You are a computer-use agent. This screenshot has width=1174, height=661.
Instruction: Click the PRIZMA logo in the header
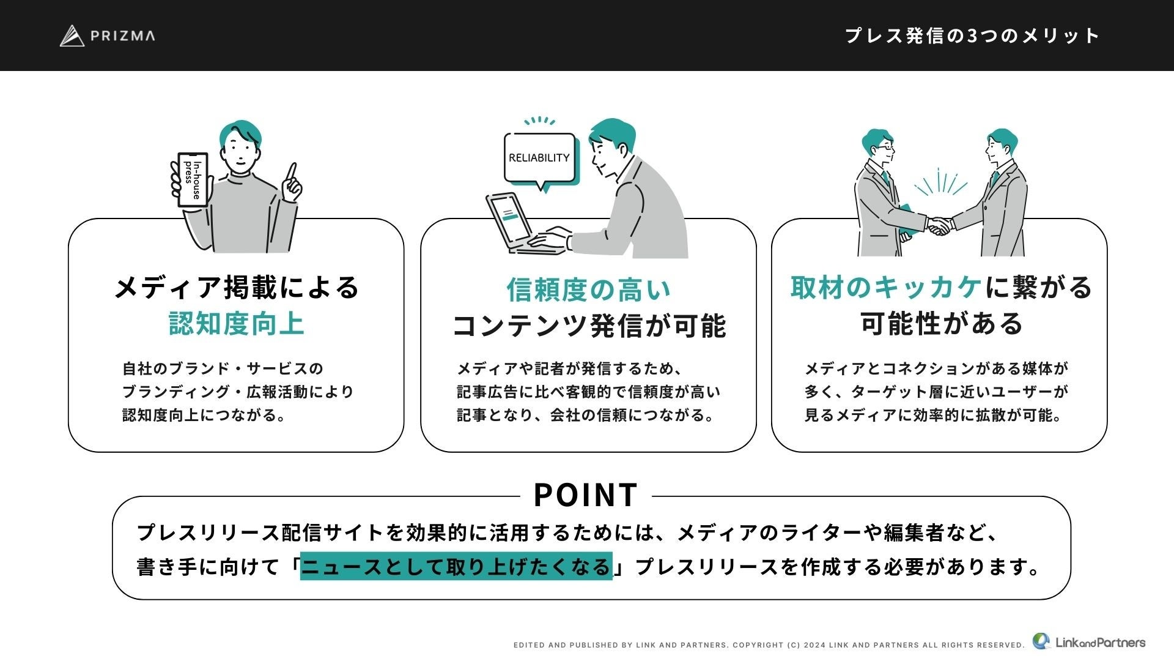pos(108,35)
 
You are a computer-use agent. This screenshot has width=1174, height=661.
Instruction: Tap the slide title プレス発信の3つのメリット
pos(972,35)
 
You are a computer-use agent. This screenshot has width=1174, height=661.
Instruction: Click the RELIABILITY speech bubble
pos(539,158)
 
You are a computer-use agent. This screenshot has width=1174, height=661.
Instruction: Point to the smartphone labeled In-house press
pos(193,179)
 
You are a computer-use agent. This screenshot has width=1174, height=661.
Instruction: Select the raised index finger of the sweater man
pos(292,173)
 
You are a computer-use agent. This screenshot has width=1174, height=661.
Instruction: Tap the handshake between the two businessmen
pos(939,226)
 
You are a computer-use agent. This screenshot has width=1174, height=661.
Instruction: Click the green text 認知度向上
pos(236,323)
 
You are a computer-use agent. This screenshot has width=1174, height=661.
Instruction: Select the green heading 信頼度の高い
pos(588,289)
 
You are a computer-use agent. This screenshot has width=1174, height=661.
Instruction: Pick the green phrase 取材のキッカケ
pos(886,287)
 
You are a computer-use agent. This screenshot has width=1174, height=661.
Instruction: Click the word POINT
pos(586,495)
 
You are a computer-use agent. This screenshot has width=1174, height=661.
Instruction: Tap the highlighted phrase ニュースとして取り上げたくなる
pos(456,566)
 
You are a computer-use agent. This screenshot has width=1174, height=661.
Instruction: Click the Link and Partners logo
pos(1089,641)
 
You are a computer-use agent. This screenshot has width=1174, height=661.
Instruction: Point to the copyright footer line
pos(769,644)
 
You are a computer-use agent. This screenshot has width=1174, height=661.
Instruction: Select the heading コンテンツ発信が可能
pos(589,325)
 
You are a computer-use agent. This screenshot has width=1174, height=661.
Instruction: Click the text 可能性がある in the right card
pos(942,323)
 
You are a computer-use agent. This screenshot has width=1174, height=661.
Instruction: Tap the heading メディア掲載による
pos(237,287)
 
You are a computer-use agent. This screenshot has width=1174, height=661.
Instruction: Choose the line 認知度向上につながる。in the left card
pos(205,415)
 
